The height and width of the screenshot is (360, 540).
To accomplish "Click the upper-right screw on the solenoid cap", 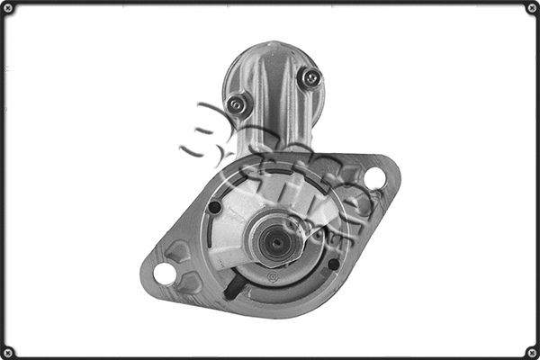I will [311, 78].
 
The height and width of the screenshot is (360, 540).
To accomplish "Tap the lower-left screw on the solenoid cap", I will [237, 104].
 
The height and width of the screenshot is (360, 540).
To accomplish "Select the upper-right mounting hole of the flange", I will [374, 177].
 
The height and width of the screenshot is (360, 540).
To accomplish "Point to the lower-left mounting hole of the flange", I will [164, 273].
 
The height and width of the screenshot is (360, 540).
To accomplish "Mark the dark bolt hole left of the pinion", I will [214, 208].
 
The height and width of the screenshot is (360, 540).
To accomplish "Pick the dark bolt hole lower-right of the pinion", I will [334, 265].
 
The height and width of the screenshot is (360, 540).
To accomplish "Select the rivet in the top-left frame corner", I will [8, 8].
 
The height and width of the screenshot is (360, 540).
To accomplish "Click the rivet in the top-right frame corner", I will [532, 8].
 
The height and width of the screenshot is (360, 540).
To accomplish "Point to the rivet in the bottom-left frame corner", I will [8, 352].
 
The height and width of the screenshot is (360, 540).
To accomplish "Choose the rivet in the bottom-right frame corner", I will [532, 352].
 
